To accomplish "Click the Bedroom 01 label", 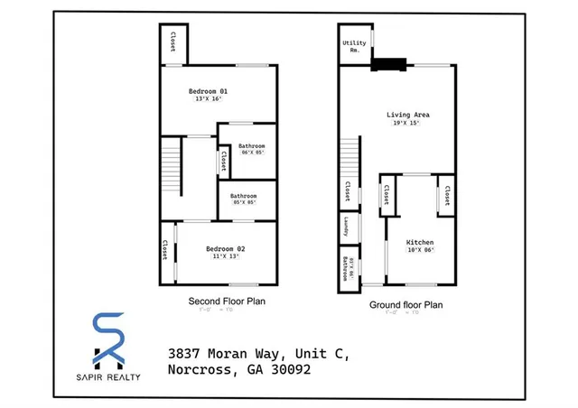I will point(208,91).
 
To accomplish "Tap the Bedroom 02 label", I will point(225,248).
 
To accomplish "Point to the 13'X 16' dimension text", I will point(208,99).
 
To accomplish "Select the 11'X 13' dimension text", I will point(225,256).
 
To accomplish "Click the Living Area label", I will point(408,115).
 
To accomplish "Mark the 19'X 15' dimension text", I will point(408,123).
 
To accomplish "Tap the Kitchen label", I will point(420,243).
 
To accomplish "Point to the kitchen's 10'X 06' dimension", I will point(420,251).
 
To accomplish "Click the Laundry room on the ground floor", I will point(346,227).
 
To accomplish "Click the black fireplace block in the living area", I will point(390,64).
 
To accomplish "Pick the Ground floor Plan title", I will point(406,305).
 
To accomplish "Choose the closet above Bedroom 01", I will point(172,42).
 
